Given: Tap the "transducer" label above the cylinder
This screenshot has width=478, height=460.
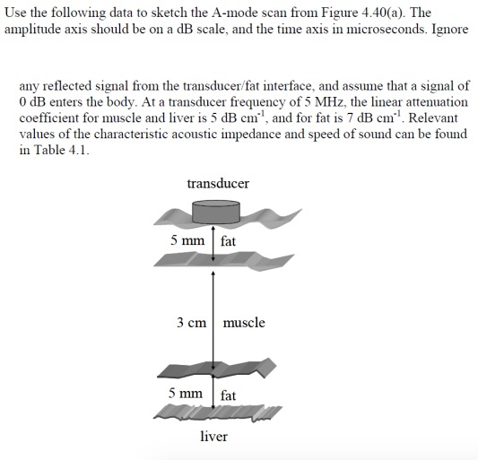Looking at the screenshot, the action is click(218, 184).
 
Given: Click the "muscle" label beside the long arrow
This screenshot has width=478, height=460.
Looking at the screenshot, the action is click(244, 323).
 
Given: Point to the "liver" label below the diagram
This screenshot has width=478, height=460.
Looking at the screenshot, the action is click(213, 437).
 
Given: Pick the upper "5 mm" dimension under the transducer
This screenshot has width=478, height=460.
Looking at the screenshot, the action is click(187, 241).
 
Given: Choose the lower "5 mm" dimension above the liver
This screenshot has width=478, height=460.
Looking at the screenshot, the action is click(187, 395).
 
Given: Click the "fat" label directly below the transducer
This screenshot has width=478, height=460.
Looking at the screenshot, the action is click(229, 241).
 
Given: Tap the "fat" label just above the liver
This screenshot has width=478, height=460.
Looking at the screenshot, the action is click(229, 395).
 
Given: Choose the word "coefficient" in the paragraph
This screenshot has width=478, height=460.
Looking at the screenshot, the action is click(50, 118).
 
